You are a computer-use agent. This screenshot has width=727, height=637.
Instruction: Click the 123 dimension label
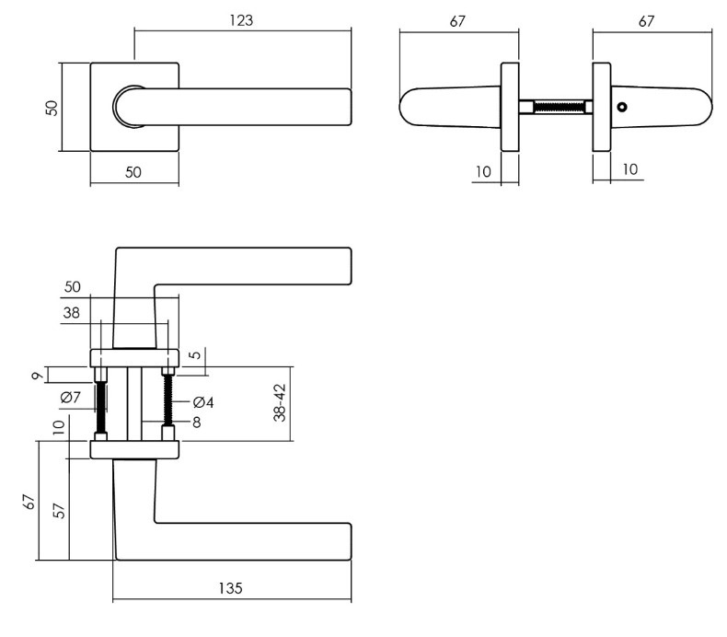243,19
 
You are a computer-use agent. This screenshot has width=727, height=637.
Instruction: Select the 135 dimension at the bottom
232,588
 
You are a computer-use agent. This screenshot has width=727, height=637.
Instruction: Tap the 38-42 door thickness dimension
282,402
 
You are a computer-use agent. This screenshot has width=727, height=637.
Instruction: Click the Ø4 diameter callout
204,402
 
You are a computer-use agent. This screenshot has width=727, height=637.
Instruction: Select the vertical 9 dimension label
34,375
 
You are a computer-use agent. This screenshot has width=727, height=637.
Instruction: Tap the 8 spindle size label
196,423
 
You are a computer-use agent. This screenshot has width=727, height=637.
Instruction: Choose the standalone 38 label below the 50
71,312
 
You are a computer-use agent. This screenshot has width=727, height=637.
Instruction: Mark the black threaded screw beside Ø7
101,403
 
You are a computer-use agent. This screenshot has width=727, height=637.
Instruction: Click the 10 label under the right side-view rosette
630,168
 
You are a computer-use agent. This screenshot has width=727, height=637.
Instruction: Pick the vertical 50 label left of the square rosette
52,107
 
